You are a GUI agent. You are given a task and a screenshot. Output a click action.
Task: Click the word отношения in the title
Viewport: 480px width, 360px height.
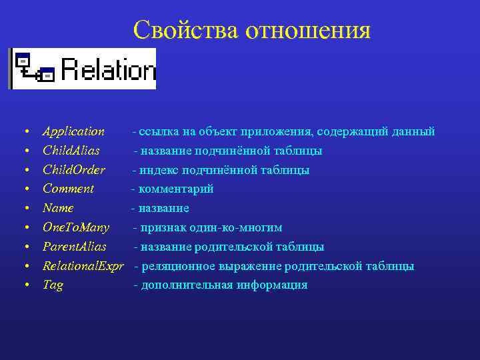[x=308, y=30]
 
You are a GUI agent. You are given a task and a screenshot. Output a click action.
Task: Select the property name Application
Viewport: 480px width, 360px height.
[x=73, y=131]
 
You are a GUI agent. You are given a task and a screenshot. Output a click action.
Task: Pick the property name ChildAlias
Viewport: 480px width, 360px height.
[x=71, y=151]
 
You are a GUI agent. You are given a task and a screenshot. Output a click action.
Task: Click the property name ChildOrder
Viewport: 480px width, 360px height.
[x=74, y=170]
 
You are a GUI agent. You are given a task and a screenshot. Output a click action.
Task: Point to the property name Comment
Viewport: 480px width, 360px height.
[x=68, y=189]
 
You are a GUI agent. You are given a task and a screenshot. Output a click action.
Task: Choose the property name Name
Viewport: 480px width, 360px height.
[x=58, y=208]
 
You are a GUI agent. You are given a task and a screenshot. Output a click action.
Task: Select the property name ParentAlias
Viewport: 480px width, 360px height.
[x=74, y=247]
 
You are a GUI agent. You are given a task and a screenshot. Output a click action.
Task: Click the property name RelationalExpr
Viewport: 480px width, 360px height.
[x=83, y=266]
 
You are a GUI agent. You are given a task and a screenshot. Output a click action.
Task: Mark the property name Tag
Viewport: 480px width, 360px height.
[x=53, y=285]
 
